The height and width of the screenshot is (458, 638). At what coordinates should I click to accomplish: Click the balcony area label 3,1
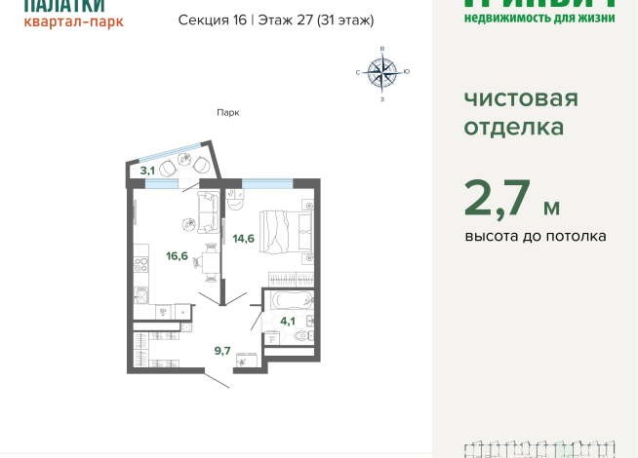coord(147,171)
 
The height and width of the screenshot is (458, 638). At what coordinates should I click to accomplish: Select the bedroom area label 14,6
coord(243,237)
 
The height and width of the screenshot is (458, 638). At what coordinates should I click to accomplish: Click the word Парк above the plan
coord(227,112)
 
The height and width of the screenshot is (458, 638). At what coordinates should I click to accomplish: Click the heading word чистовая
coord(521,99)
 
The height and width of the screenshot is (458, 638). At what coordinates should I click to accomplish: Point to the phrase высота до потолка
coord(535,236)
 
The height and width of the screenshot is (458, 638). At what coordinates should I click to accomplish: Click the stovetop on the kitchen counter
coord(140,292)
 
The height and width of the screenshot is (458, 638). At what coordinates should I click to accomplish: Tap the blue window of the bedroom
coord(267,182)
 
